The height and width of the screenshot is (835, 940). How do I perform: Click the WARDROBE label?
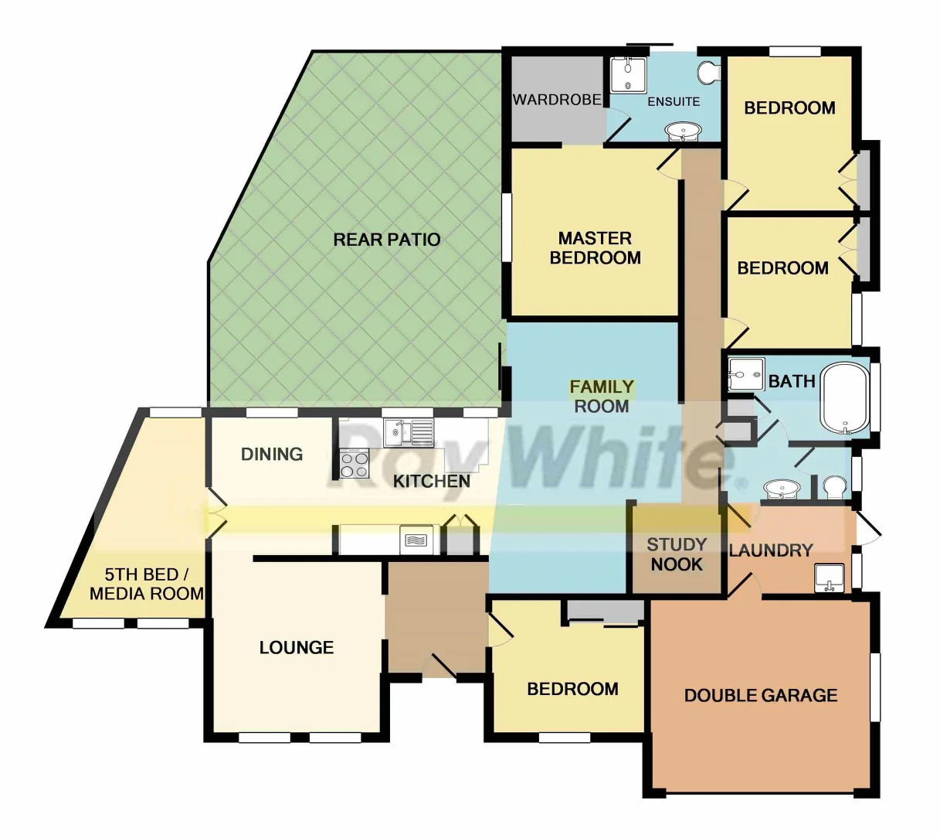(557, 100)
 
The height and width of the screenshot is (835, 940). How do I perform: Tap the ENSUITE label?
(674, 101)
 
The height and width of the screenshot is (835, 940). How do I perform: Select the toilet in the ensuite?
(709, 73)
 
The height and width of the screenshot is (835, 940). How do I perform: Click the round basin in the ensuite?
(684, 131)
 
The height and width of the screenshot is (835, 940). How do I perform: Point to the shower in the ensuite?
(628, 75)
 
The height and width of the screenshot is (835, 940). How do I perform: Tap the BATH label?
(792, 381)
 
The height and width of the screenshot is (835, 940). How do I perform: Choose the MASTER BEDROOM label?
(595, 247)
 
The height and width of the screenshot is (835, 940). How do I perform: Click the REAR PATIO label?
(386, 240)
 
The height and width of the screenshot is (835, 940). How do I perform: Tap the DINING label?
(272, 454)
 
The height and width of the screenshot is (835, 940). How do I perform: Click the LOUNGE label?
(297, 647)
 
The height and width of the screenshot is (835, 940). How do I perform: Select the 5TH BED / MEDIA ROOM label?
(146, 584)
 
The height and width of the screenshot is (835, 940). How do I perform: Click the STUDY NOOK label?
(677, 554)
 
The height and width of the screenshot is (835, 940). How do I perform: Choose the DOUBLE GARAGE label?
(761, 695)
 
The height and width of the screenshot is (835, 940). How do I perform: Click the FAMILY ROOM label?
(602, 396)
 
